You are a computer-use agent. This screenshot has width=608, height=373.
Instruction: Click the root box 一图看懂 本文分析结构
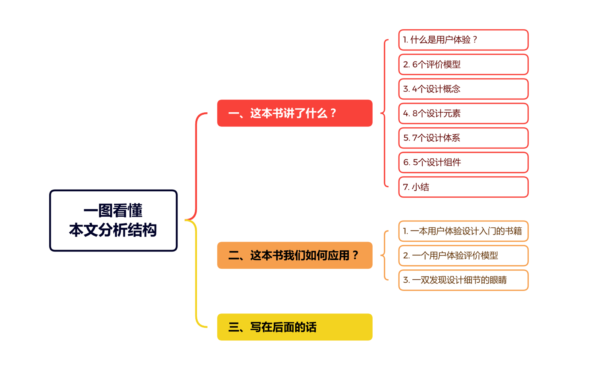113,220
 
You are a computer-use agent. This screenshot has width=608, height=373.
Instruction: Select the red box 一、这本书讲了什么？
294,113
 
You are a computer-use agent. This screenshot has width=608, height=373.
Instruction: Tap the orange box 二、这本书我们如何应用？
294,255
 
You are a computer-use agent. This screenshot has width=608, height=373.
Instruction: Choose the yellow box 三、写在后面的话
294,327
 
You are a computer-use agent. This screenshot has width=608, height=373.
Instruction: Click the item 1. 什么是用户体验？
463,40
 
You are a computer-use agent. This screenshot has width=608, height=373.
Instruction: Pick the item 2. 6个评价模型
463,64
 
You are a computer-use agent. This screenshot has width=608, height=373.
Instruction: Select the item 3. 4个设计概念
463,89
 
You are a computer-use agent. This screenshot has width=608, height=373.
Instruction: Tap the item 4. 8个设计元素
463,113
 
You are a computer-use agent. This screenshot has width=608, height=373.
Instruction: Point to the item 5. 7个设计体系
463,138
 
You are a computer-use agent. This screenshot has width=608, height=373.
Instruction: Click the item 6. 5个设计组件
463,162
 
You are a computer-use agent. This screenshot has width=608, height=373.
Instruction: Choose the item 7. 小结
463,187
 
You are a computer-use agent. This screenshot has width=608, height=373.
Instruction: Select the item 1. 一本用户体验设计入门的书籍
463,231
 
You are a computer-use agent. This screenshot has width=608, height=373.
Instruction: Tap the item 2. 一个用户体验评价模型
463,256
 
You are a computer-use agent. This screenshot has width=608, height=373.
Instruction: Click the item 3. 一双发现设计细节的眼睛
463,280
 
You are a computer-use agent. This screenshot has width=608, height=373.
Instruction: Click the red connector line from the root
196,167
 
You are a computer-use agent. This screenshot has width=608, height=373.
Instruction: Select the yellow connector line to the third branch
196,278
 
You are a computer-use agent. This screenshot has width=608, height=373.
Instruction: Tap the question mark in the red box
333,113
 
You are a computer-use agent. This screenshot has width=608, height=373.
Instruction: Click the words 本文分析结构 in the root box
113,230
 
